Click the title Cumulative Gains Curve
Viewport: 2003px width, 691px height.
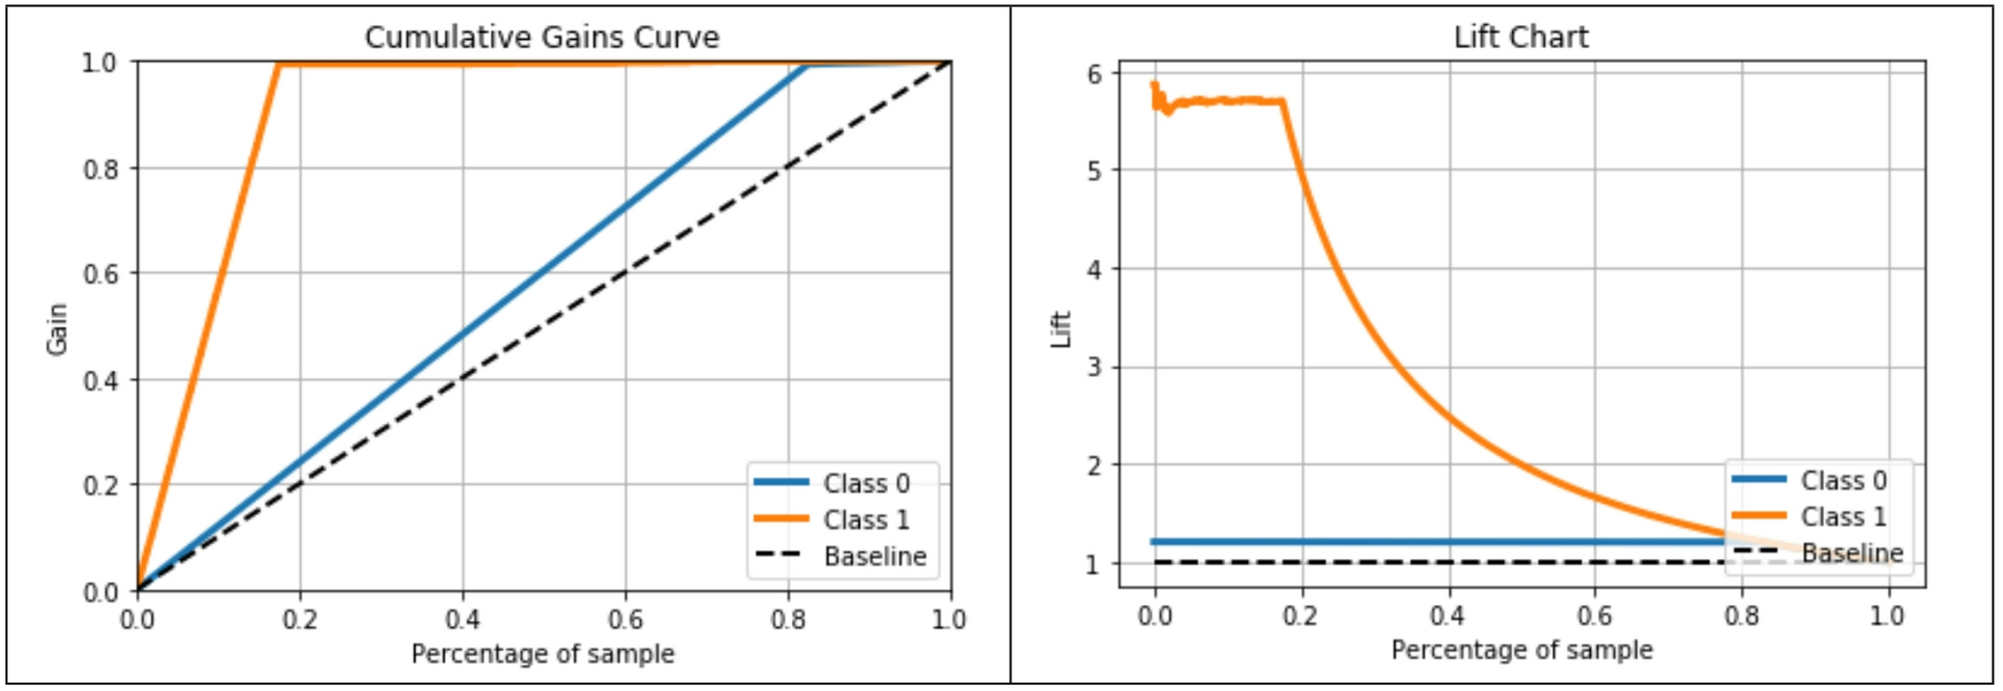542,37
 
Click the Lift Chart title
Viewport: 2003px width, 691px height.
1520,37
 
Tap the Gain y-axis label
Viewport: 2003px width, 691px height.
57,329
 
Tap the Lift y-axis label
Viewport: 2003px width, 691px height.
1060,329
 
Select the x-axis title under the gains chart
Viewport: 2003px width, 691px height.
543,654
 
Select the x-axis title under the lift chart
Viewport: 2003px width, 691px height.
1521,650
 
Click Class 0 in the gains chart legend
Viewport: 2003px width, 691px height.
866,484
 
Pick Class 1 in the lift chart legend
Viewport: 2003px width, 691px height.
1842,517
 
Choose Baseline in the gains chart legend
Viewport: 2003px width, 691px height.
875,556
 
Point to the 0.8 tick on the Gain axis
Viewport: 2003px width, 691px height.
101,169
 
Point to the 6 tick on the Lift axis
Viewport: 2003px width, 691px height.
1095,74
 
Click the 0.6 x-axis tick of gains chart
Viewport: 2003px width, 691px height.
625,620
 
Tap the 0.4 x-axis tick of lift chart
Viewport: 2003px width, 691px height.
1447,616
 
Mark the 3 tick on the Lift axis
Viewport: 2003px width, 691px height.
1095,367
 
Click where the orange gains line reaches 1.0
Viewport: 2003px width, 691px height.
279,64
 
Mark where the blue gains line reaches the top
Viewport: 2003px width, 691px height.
806,65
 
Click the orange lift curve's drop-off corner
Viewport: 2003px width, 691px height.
1283,102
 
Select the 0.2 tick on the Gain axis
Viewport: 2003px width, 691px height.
101,486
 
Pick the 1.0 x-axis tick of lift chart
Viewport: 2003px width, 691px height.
1886,616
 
